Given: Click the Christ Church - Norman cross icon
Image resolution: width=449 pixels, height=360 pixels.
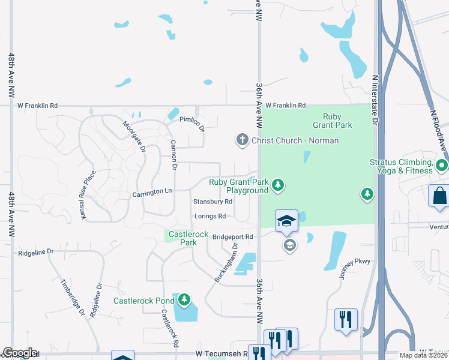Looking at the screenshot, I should tap(243, 140).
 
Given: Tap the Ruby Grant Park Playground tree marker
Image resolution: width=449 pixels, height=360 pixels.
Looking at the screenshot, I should tap(277, 185).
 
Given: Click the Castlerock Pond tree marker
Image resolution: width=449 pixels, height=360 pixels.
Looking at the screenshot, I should tap(185, 299).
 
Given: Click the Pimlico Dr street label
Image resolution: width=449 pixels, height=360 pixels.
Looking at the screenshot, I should tap(192, 124).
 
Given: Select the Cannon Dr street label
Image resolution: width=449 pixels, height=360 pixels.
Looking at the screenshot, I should tap(173, 154).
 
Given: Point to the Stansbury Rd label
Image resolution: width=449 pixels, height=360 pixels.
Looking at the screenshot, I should tap(212, 202).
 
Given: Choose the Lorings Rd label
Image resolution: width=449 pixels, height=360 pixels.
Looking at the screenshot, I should tap(209, 216).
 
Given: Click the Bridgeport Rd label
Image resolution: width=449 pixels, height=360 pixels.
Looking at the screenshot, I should tap(232, 237).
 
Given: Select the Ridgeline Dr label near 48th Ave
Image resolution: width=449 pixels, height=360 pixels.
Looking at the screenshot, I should tap(36, 253).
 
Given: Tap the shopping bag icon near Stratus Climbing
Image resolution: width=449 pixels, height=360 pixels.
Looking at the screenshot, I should tap(439, 196).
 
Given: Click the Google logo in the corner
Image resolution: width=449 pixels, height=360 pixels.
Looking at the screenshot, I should tap(19, 353).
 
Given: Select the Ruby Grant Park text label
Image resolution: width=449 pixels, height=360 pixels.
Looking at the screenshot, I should tap(332, 121).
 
